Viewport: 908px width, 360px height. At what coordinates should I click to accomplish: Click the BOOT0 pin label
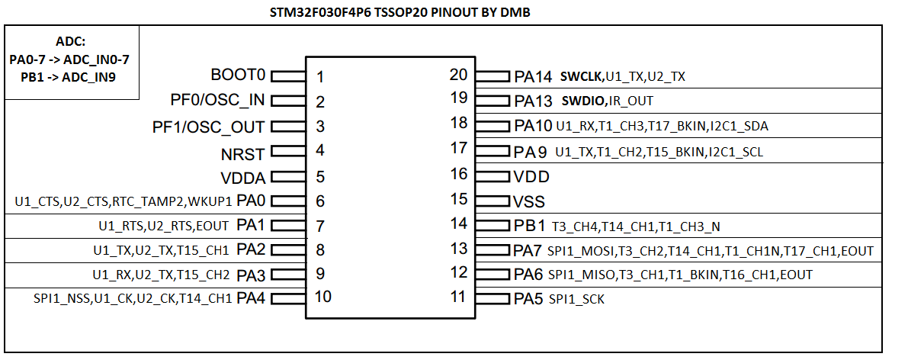[238, 76]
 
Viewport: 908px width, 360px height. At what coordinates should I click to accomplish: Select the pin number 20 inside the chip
[458, 75]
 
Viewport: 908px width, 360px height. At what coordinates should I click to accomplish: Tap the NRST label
[242, 155]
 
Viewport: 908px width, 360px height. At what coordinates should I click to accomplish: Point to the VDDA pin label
[242, 179]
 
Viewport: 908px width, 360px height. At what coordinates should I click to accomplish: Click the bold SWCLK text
[582, 77]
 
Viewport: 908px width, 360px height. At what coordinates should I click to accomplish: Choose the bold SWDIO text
[584, 101]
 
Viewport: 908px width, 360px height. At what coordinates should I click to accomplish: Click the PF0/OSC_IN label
[217, 101]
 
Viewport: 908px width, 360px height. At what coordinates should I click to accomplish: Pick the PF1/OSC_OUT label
[209, 127]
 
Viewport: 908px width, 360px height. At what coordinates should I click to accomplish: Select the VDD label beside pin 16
[531, 177]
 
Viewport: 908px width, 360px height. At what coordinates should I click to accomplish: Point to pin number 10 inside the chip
[323, 297]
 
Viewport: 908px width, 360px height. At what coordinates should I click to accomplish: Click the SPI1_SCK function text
[576, 300]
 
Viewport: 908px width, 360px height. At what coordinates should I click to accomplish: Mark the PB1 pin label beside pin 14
[530, 226]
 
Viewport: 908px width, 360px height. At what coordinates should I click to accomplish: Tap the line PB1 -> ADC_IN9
[63, 76]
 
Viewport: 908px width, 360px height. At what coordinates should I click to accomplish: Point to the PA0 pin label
[251, 201]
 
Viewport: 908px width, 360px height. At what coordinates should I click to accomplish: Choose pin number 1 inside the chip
[320, 77]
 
